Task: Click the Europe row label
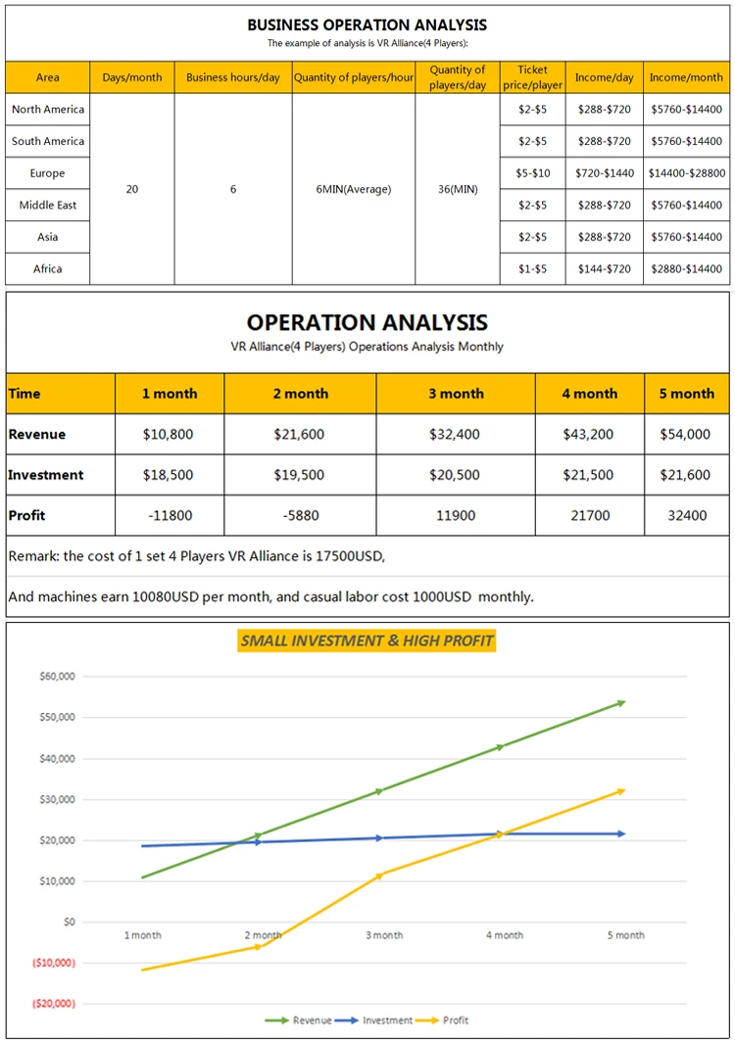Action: [47, 173]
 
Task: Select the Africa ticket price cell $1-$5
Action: [532, 268]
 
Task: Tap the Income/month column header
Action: [686, 77]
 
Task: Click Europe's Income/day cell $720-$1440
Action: [604, 173]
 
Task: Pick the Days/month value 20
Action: [132, 189]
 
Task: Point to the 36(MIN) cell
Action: [458, 189]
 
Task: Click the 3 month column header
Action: [456, 394]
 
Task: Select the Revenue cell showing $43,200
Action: [588, 434]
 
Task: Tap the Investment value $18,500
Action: [169, 475]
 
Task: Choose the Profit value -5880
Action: [299, 515]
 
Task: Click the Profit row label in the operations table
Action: [27, 515]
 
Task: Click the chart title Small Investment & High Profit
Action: [367, 641]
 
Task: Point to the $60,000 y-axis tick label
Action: [57, 677]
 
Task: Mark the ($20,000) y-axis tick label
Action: [54, 1004]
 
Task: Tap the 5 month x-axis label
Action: [624, 935]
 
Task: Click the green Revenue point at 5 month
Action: [621, 702]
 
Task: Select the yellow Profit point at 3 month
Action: [380, 875]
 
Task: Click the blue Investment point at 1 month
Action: [144, 846]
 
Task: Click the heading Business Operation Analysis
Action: [367, 24]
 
